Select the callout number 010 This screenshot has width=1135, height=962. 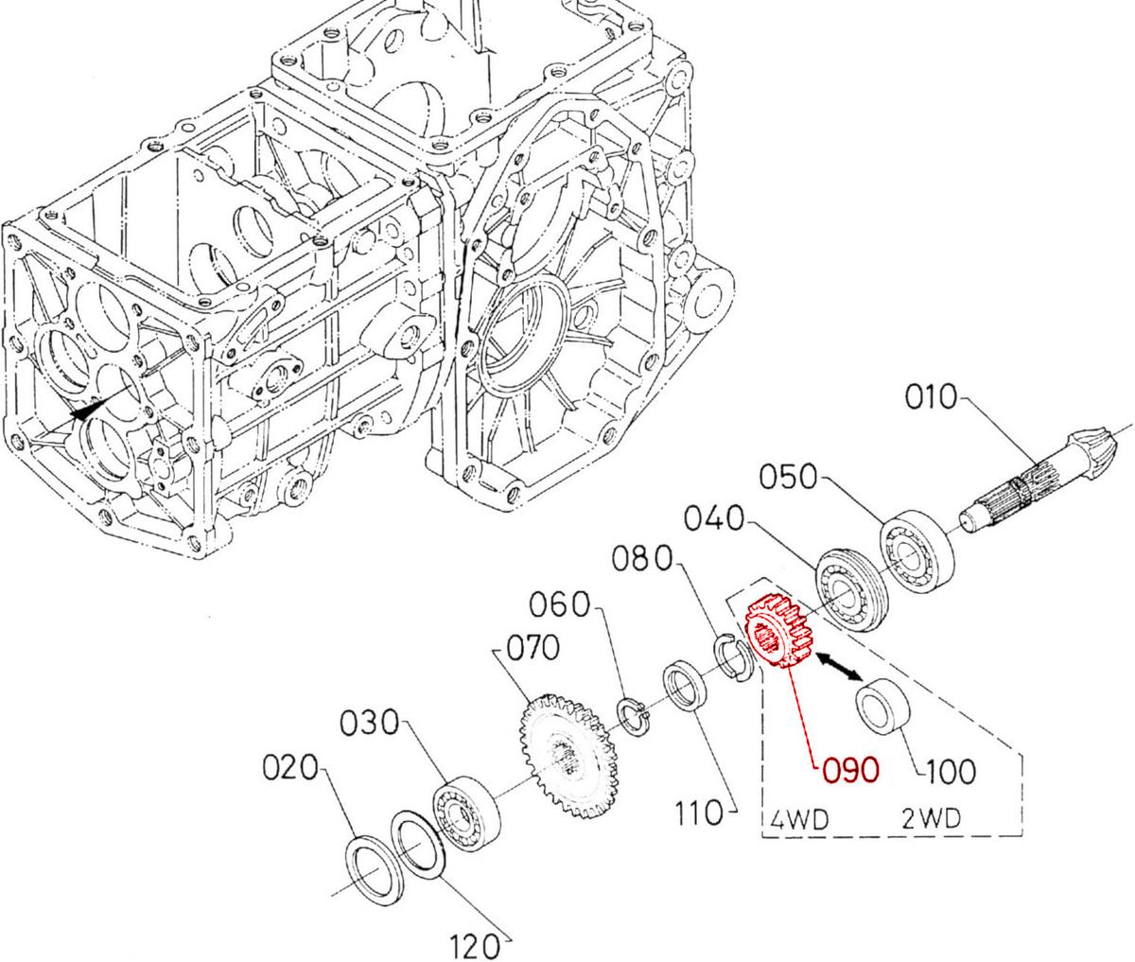click(x=931, y=397)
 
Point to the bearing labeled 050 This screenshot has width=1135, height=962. click(x=915, y=548)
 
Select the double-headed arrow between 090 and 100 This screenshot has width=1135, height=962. click(x=837, y=664)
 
